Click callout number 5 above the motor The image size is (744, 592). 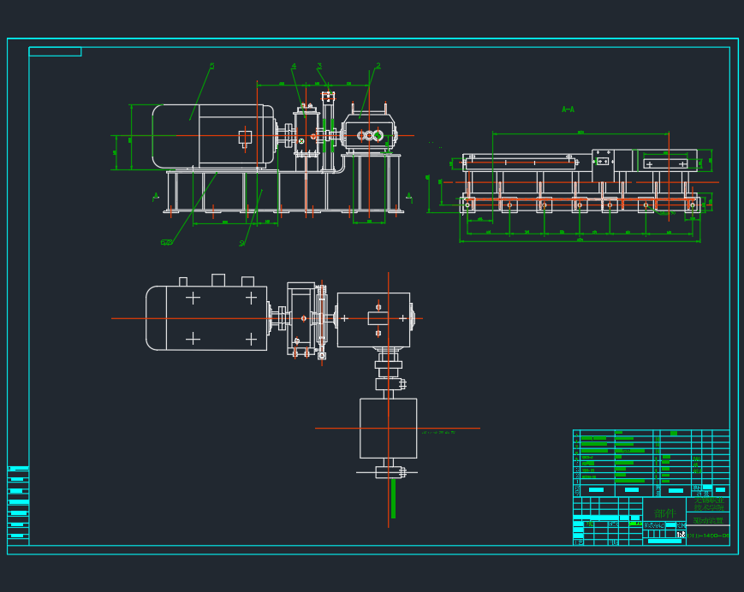point(211,66)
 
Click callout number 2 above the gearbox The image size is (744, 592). point(378,66)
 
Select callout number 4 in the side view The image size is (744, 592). point(294,66)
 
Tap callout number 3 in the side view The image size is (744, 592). point(319,66)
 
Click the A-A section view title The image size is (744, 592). point(568,110)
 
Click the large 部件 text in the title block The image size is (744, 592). point(664,512)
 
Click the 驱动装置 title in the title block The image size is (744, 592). point(708,520)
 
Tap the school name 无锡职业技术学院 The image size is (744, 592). point(708,504)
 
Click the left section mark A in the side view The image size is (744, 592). point(156,196)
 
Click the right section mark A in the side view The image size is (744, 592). point(408,196)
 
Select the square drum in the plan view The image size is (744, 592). point(388,428)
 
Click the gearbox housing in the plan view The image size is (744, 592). point(373,320)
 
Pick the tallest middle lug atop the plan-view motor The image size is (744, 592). point(217,280)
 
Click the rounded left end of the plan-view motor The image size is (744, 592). point(155,318)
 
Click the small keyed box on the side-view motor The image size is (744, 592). point(245,136)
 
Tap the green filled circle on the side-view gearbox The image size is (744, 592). point(378,135)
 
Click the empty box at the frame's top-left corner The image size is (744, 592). point(55,51)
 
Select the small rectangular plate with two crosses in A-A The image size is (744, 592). point(603,161)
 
